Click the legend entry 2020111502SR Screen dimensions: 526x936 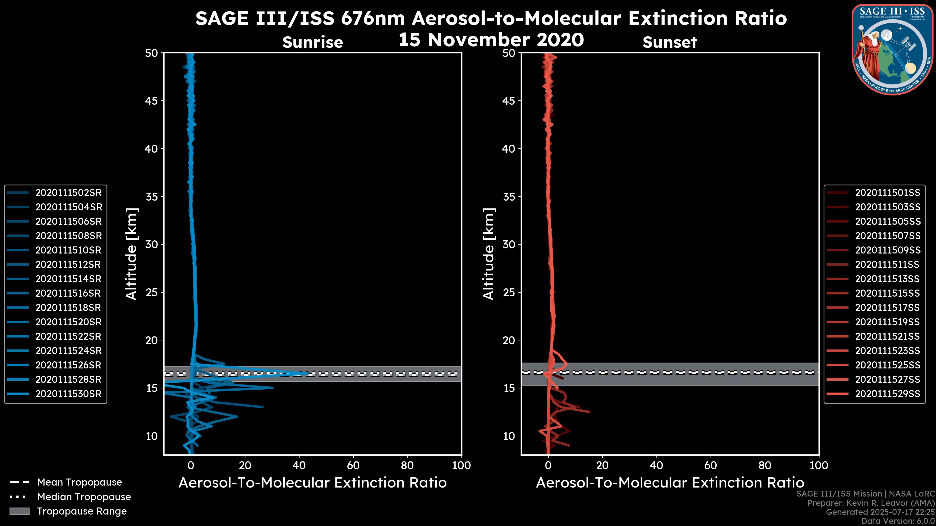(x=68, y=193)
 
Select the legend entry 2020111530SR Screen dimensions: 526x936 (x=68, y=394)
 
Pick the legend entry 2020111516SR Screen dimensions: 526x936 (x=68, y=293)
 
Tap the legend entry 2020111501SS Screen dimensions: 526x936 (x=887, y=193)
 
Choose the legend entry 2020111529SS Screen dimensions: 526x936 (x=887, y=394)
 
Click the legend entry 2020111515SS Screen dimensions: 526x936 (x=887, y=293)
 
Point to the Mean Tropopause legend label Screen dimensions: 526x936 (x=79, y=482)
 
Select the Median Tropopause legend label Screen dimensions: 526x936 (x=84, y=497)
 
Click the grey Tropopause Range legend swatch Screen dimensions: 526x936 (x=19, y=511)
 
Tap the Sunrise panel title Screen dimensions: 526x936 (x=312, y=42)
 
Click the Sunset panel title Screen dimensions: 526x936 (x=670, y=42)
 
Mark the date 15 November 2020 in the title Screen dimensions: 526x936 (x=491, y=40)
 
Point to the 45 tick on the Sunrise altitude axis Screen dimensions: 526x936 (x=151, y=101)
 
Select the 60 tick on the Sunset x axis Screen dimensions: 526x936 (x=710, y=465)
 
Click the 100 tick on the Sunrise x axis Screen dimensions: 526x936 (x=461, y=465)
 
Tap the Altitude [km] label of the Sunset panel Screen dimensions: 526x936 (x=489, y=254)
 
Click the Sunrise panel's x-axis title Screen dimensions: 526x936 (x=312, y=483)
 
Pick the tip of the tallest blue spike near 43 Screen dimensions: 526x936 (x=307, y=373)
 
